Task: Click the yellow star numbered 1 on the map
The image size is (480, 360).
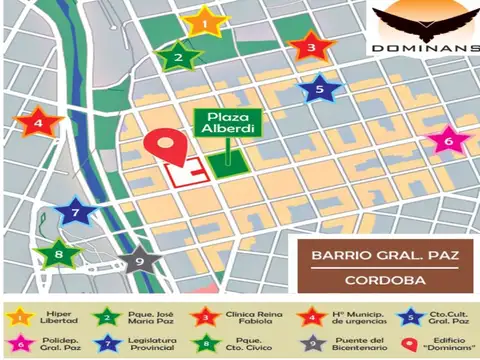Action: coord(205,20)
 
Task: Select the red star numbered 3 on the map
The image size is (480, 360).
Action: coord(310,47)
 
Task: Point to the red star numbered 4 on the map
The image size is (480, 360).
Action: coord(39,123)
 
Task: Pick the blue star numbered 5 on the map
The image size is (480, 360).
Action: coord(319,89)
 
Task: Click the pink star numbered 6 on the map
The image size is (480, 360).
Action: coord(448,141)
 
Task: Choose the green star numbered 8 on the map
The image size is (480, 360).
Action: coord(59,254)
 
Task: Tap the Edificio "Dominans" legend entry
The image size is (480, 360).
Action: coord(433,344)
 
